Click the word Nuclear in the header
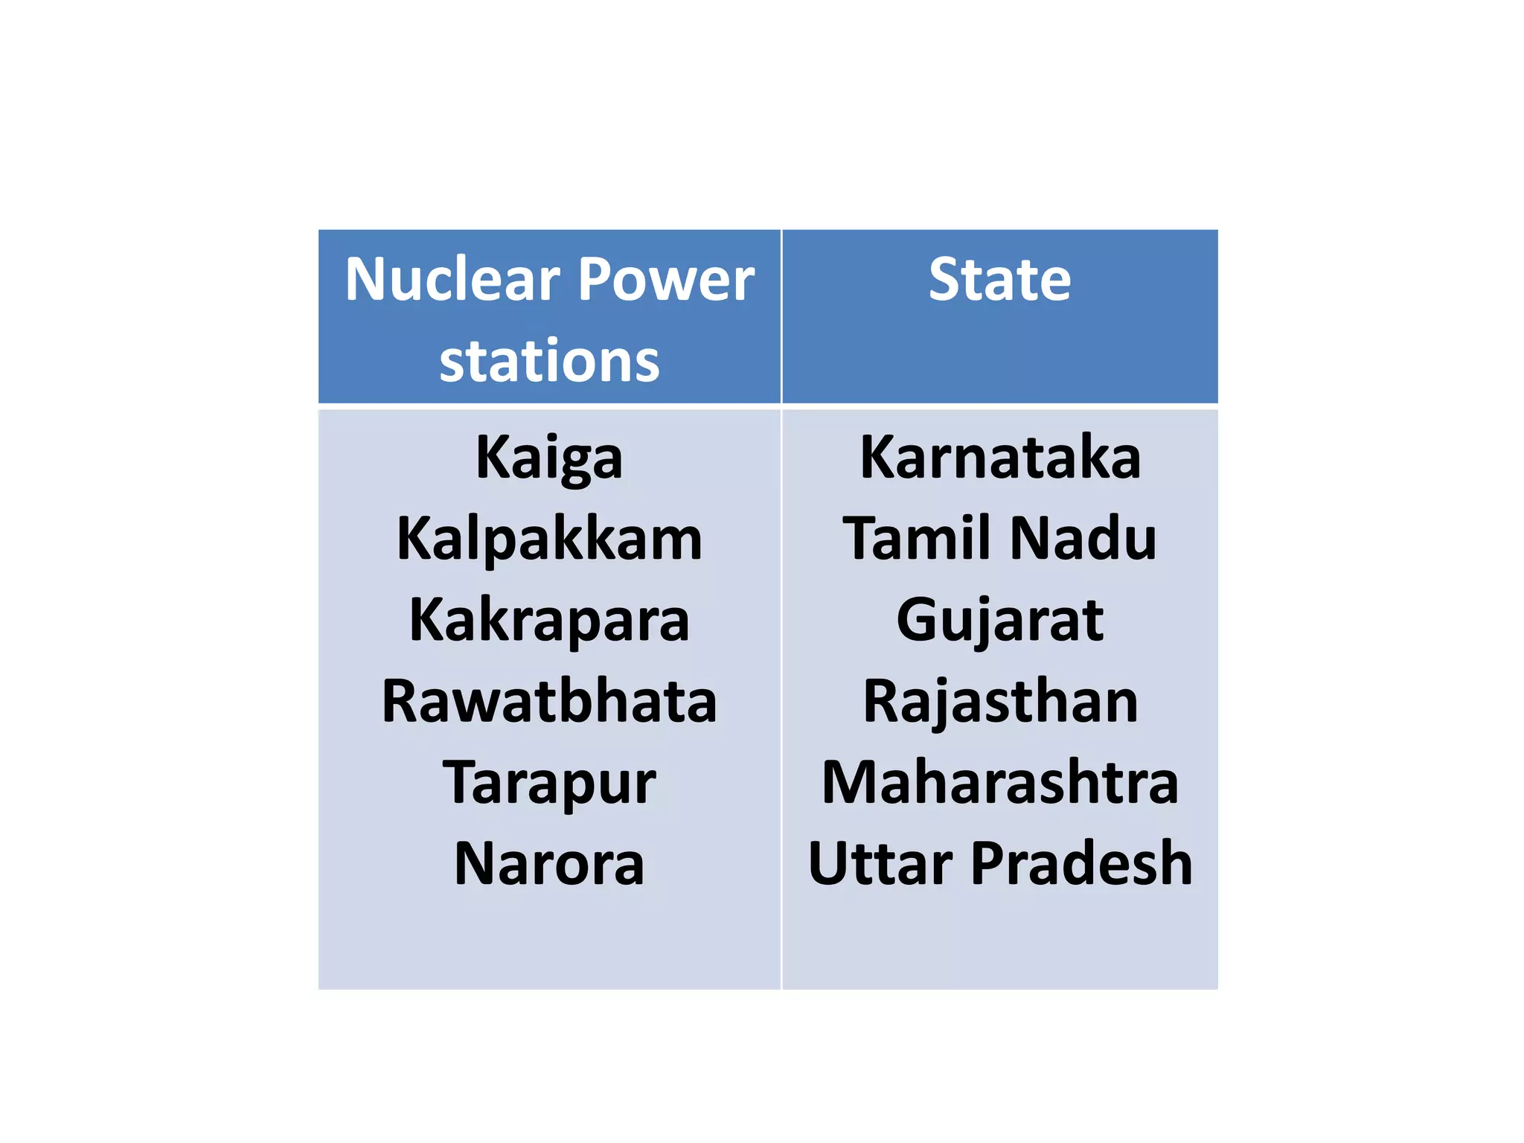(452, 280)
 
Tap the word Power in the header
(666, 280)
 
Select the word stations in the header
(549, 362)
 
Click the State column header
(999, 280)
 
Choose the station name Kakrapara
(549, 621)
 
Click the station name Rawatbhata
(549, 702)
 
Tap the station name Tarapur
(549, 784)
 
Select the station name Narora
(549, 864)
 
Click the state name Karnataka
(999, 457)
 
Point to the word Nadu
(1083, 538)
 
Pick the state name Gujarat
(999, 621)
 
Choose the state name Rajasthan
(999, 702)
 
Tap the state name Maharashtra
(999, 782)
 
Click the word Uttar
(880, 864)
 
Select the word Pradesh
(1081, 864)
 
